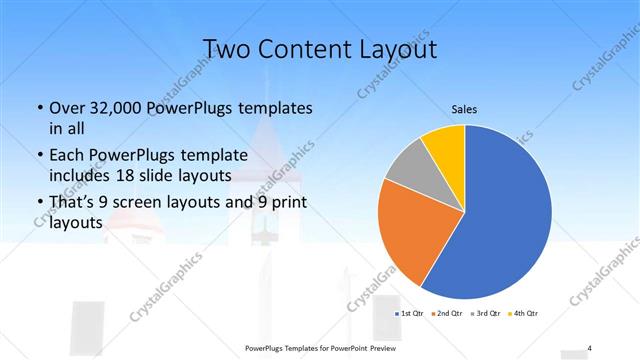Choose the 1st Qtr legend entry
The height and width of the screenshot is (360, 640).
(x=410, y=313)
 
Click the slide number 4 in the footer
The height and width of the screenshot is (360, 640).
(x=590, y=347)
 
